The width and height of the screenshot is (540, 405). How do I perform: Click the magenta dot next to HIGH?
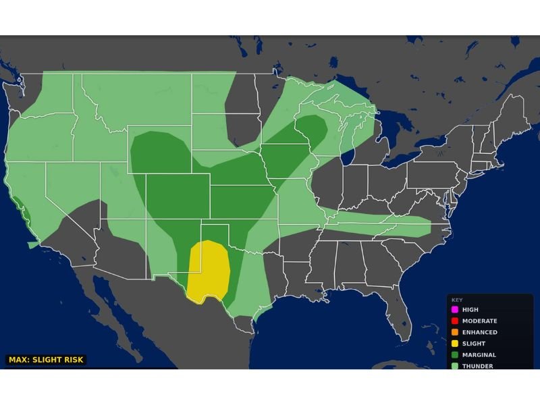coord(455,310)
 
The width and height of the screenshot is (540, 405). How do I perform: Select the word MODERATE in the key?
coord(479,321)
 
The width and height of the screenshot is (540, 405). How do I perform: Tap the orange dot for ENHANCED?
coord(455,332)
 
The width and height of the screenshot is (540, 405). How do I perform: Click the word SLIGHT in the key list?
coord(474,344)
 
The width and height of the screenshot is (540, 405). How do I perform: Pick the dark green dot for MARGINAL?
coord(455,355)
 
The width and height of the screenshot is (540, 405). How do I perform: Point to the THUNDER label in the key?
coord(477,366)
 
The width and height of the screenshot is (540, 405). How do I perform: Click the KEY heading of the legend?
coord(458,300)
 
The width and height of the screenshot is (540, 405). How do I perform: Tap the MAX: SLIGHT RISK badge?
coord(46,360)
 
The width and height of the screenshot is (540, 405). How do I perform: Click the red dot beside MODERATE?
coord(455,321)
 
